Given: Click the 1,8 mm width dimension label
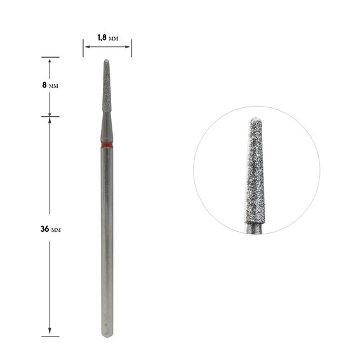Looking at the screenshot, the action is coord(108,37).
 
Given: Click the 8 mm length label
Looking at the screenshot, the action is coord(50,85).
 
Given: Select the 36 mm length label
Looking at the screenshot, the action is coord(51,229).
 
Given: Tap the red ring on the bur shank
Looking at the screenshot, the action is coord(107,145).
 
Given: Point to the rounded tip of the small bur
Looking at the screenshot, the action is coord(107,61).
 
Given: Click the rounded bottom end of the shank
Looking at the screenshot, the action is coord(107,334).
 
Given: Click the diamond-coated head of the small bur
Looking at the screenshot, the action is coord(107,86).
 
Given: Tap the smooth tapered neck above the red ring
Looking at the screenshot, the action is coord(107,127).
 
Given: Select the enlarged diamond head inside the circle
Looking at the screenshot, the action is coord(255,171).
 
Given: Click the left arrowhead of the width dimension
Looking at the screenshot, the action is coord(88,46).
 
